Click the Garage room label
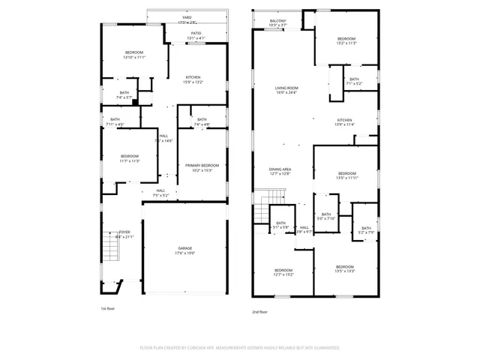(184, 250)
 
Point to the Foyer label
(125, 234)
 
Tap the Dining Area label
(280, 171)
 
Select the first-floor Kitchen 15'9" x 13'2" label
(193, 79)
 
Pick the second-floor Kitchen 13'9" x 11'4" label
(345, 122)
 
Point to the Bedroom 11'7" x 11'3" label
(130, 158)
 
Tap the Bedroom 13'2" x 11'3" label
(346, 40)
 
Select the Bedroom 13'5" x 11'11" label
(346, 175)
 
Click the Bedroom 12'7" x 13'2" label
(283, 271)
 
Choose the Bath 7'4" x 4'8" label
(202, 121)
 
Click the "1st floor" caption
(108, 308)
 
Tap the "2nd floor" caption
(259, 312)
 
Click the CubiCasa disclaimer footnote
(240, 348)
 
